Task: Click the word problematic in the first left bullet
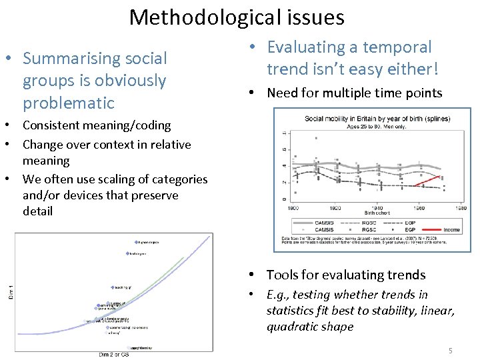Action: click(x=68, y=103)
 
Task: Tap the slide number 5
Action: click(x=450, y=350)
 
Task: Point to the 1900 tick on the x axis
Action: click(x=293, y=207)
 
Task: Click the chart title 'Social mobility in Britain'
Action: click(x=377, y=119)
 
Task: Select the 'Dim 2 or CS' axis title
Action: click(x=114, y=355)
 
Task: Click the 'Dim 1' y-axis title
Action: click(x=10, y=291)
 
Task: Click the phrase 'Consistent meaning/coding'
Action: click(x=97, y=125)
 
